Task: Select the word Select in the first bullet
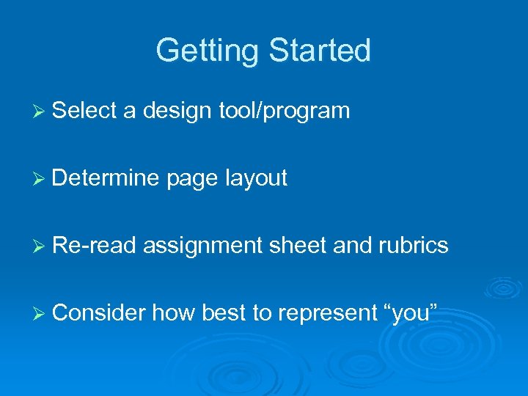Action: [x=85, y=111]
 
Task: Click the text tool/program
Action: [x=284, y=111]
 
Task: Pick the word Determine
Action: [x=106, y=178]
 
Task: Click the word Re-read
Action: [x=95, y=246]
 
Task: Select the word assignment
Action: [x=202, y=246]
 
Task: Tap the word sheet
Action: [x=298, y=246]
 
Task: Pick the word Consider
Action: [x=99, y=313]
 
